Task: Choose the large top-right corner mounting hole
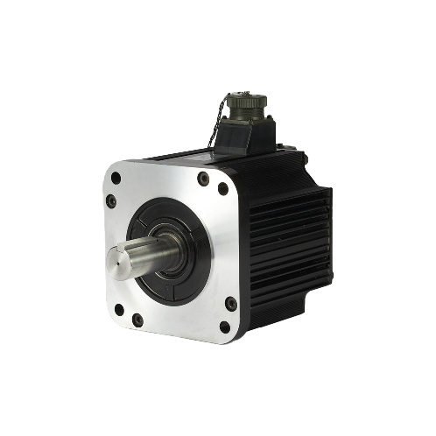click(223, 188)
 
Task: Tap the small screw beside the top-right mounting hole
click(204, 178)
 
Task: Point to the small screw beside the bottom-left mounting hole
click(137, 320)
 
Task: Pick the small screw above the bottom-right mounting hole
click(230, 303)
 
